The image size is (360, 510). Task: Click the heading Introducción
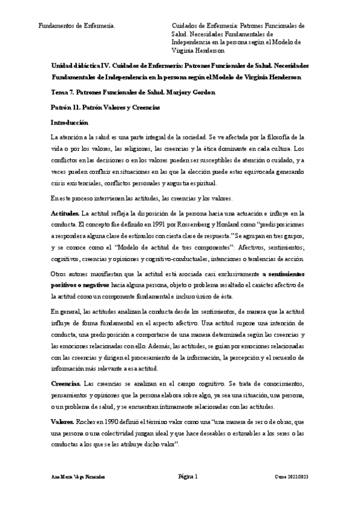[70, 122]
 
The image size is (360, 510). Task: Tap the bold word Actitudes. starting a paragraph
[65, 213]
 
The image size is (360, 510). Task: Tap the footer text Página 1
[189, 477]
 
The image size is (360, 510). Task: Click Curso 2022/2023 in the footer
[293, 477]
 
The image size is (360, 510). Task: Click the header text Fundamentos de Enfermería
[77, 26]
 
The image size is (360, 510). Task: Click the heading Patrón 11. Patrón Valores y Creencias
[105, 107]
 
